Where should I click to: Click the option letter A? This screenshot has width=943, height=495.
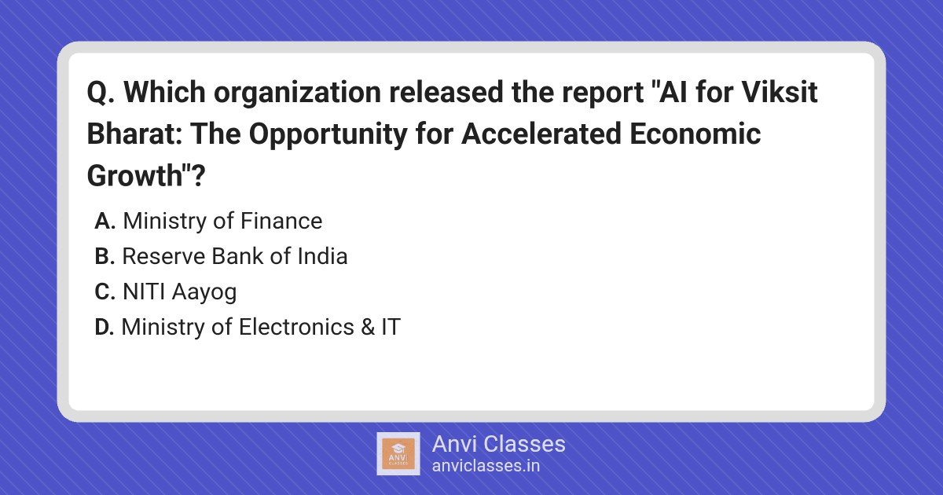tap(105, 221)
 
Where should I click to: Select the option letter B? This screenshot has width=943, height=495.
tap(105, 256)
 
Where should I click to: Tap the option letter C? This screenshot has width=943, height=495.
tap(105, 291)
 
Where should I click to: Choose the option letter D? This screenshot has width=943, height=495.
tap(105, 327)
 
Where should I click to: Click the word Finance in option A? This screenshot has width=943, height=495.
tap(281, 221)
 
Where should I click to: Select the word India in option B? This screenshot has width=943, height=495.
tap(322, 256)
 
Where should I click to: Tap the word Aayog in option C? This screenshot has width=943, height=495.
tap(204, 292)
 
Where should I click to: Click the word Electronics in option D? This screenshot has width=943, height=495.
tap(296, 327)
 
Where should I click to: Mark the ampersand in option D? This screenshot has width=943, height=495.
tap(368, 327)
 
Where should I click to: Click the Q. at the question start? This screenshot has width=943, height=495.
tap(101, 93)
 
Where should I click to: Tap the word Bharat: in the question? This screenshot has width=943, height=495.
tap(134, 134)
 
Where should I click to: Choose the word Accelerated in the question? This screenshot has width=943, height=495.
tap(541, 134)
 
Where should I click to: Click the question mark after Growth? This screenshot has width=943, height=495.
tap(198, 175)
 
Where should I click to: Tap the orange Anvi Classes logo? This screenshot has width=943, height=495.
tap(398, 454)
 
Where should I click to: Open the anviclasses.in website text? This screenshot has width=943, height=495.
tap(486, 466)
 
